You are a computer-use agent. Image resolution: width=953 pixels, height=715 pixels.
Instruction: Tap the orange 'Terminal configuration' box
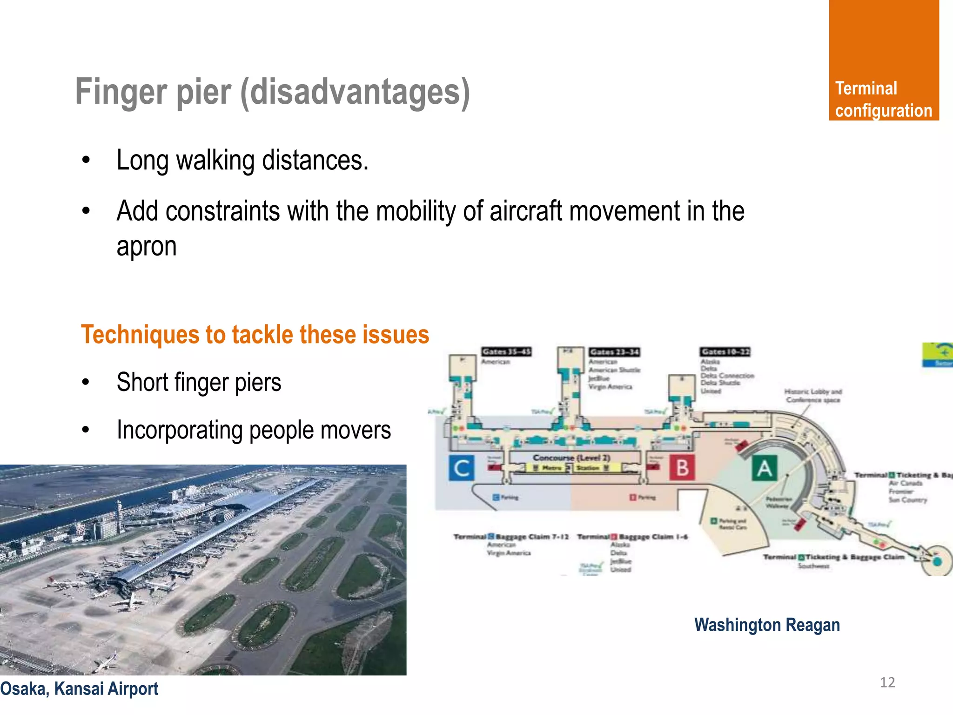pos(883,61)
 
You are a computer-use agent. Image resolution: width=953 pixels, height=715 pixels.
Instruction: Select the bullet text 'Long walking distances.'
pos(242,161)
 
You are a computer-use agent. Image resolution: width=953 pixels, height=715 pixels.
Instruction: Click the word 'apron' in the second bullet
pos(146,247)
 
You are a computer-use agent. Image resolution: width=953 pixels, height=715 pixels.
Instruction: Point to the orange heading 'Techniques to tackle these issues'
pos(255,335)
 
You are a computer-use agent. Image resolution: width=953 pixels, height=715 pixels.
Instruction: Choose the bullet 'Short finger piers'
pos(199,383)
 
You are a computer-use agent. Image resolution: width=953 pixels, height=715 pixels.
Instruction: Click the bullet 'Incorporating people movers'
pos(254,430)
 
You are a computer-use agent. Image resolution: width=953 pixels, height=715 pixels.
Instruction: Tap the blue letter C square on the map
pos(462,468)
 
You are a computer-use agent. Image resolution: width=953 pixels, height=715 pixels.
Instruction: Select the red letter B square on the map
pos(682,468)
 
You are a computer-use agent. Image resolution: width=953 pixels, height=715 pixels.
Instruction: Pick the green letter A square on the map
pos(764,468)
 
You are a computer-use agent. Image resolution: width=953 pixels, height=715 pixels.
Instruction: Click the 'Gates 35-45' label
pos(506,351)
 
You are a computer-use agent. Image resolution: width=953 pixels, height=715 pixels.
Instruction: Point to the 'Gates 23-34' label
pos(614,352)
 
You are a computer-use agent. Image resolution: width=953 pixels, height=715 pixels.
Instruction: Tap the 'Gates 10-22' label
pos(725,351)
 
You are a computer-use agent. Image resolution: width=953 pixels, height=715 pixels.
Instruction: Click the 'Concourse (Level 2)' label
pos(571,458)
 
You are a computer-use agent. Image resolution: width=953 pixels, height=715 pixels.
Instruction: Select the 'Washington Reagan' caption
pos(766,625)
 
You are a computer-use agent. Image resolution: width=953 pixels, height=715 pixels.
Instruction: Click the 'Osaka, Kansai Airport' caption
pos(79,688)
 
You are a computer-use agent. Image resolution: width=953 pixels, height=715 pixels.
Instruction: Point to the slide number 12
pos(887,682)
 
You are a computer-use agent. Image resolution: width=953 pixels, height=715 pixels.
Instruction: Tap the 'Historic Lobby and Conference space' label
pos(812,396)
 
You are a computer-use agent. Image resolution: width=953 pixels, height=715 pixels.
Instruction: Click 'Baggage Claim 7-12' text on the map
pos(532,537)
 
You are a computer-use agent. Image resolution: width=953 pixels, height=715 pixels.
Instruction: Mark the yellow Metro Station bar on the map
pos(571,467)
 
